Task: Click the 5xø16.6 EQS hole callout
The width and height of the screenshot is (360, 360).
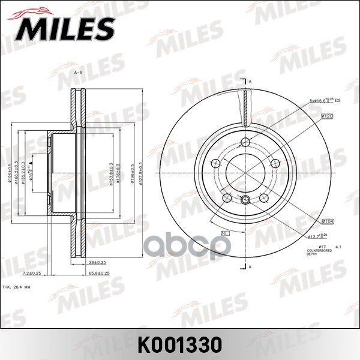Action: [x=323, y=101]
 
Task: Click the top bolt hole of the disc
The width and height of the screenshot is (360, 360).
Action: [x=245, y=142]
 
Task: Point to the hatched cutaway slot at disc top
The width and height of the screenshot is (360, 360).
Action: [x=245, y=106]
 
